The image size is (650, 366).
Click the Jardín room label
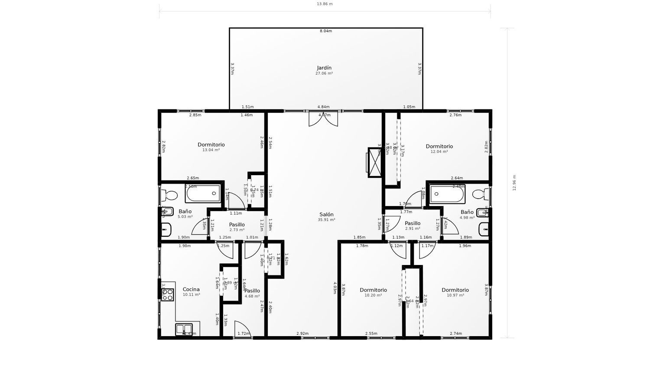pyautogui.click(x=324, y=68)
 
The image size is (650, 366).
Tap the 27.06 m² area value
pyautogui.click(x=324, y=74)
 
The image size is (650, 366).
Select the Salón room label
pyautogui.click(x=326, y=214)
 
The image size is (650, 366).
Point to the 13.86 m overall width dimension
pyautogui.click(x=325, y=4)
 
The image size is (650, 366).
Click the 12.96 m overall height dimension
pyautogui.click(x=514, y=183)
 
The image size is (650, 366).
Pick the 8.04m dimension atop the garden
pyautogui.click(x=325, y=31)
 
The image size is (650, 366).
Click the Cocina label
pyautogui.click(x=191, y=289)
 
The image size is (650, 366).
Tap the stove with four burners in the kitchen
pyautogui.click(x=168, y=295)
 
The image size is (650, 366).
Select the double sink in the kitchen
pyautogui.click(x=184, y=329)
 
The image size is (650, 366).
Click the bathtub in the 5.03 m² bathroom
pyautogui.click(x=203, y=193)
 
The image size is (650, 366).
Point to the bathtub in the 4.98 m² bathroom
pyautogui.click(x=447, y=193)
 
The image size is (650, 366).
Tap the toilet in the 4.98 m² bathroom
pyautogui.click(x=481, y=193)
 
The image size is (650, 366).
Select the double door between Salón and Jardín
pyautogui.click(x=323, y=118)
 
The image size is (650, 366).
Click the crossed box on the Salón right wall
pyautogui.click(x=374, y=163)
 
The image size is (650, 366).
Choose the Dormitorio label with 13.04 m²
pyautogui.click(x=211, y=144)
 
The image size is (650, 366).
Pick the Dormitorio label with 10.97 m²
pyautogui.click(x=455, y=290)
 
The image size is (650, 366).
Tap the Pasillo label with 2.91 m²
pyautogui.click(x=413, y=223)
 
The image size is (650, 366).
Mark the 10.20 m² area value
pyautogui.click(x=373, y=295)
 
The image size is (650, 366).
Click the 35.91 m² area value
pyautogui.click(x=326, y=220)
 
